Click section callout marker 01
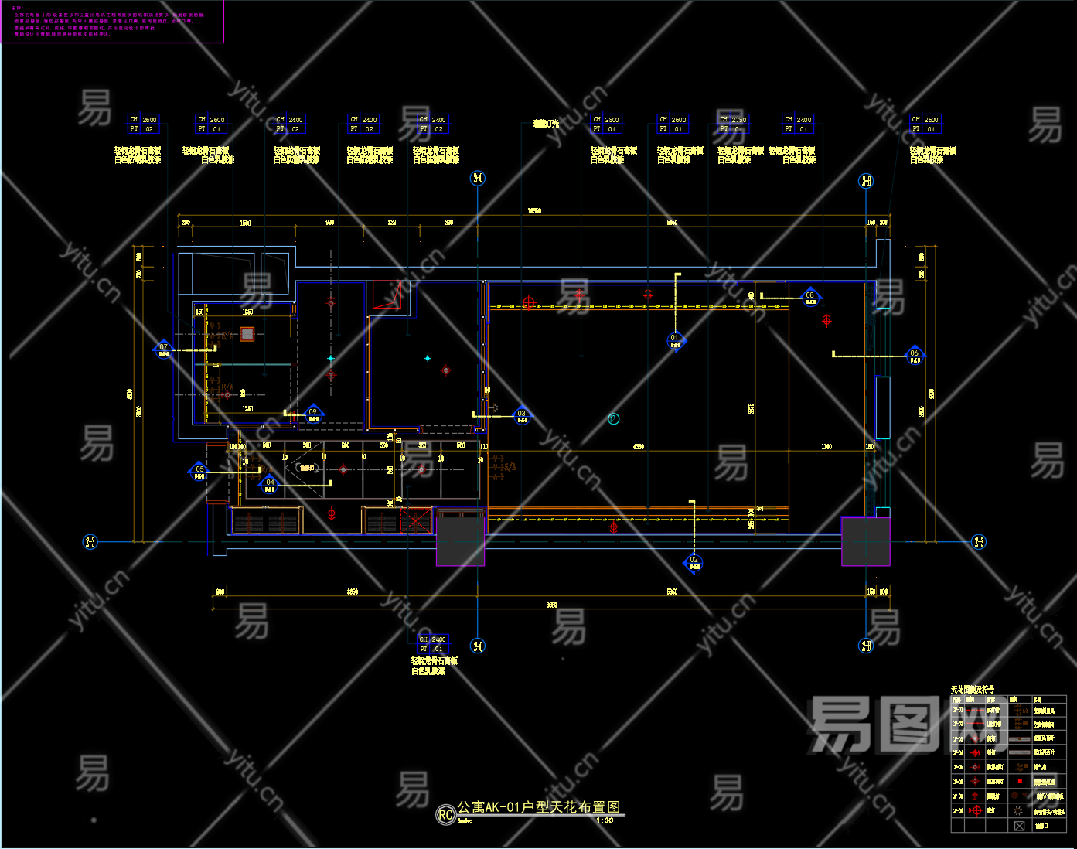[x=675, y=340]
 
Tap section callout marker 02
[x=694, y=562]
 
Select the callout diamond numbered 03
[x=522, y=416]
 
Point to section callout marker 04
[x=270, y=485]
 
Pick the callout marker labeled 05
[x=199, y=472]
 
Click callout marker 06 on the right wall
[x=915, y=356]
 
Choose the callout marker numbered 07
[x=163, y=349]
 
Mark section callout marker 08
[x=810, y=298]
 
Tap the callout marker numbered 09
[x=313, y=414]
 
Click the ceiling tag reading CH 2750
[x=733, y=124]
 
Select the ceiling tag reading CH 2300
[x=606, y=124]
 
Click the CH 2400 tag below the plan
[x=432, y=643]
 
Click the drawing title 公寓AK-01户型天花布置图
[x=538, y=807]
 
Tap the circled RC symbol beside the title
[x=445, y=815]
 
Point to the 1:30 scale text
[x=605, y=820]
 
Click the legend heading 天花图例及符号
[x=973, y=689]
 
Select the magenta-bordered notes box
[x=113, y=22]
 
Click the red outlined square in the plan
[x=387, y=294]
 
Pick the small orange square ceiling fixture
[x=247, y=334]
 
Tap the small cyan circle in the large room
[x=613, y=419]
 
